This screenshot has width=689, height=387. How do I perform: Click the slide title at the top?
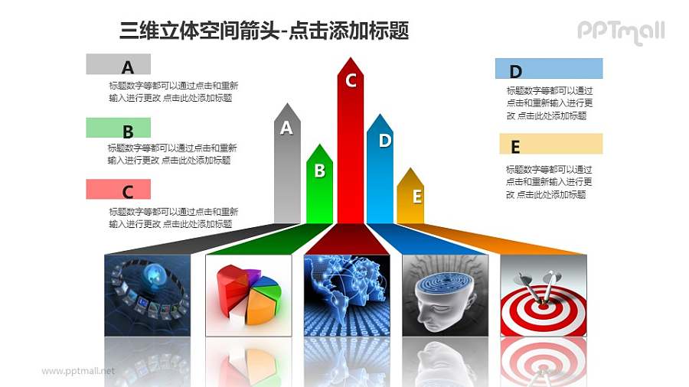pyautogui.click(x=264, y=31)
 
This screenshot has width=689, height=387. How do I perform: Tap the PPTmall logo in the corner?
pyautogui.click(x=620, y=31)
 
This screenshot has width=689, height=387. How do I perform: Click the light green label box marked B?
pyautogui.click(x=119, y=128)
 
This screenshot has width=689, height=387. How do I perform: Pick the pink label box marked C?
pyautogui.click(x=119, y=189)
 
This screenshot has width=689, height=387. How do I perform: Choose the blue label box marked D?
pyautogui.click(x=549, y=69)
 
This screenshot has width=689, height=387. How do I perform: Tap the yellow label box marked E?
pyautogui.click(x=550, y=145)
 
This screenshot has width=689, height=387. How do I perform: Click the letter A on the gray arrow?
pyautogui.click(x=286, y=128)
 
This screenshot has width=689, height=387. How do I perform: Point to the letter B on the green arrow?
pyautogui.click(x=320, y=171)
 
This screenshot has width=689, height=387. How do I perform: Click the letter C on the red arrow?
pyautogui.click(x=351, y=80)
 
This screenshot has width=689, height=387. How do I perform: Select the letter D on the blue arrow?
pyautogui.click(x=385, y=140)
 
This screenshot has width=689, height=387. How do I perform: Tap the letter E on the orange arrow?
pyautogui.click(x=417, y=197)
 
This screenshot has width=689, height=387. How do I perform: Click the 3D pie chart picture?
pyautogui.click(x=249, y=295)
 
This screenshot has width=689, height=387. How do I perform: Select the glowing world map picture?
pyautogui.click(x=347, y=295)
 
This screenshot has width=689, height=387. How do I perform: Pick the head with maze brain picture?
pyautogui.click(x=445, y=295)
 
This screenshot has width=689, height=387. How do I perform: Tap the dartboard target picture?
pyautogui.click(x=544, y=295)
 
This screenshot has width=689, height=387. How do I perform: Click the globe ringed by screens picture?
pyautogui.click(x=147, y=295)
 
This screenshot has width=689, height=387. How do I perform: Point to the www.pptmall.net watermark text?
pyautogui.click(x=78, y=371)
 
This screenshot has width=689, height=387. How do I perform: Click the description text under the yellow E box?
pyautogui.click(x=549, y=182)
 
